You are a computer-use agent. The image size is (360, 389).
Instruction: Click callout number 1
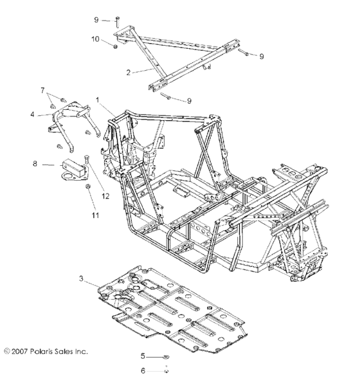click(x=98, y=100)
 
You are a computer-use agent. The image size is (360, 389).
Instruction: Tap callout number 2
click(x=129, y=73)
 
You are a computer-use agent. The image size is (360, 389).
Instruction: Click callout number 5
click(x=144, y=356)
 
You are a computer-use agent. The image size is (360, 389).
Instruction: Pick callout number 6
click(x=144, y=370)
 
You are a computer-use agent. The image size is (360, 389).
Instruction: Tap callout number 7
click(x=43, y=90)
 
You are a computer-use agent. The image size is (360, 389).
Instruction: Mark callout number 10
click(x=94, y=40)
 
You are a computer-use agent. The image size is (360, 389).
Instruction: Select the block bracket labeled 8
click(x=70, y=165)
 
